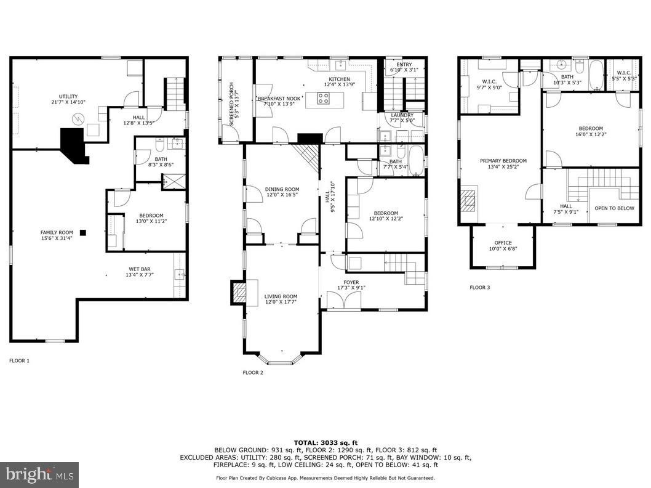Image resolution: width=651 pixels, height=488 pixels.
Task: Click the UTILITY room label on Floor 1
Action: point(68,97)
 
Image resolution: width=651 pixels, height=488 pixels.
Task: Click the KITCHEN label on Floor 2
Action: point(339,79)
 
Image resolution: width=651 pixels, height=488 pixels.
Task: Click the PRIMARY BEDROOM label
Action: point(503,161)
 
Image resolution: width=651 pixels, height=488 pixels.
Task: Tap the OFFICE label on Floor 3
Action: point(503,243)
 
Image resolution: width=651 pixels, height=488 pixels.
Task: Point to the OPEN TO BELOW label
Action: point(614,208)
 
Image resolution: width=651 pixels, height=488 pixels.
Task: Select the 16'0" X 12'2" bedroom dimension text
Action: point(590,134)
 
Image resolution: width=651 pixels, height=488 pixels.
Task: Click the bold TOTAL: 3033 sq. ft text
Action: point(325,442)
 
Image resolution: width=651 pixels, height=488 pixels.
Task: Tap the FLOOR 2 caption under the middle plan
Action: point(253,372)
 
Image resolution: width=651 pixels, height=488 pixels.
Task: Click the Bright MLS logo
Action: point(39,474)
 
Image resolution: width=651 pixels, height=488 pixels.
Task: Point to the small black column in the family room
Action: point(83,232)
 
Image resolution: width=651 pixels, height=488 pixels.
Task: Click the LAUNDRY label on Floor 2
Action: point(402,115)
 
